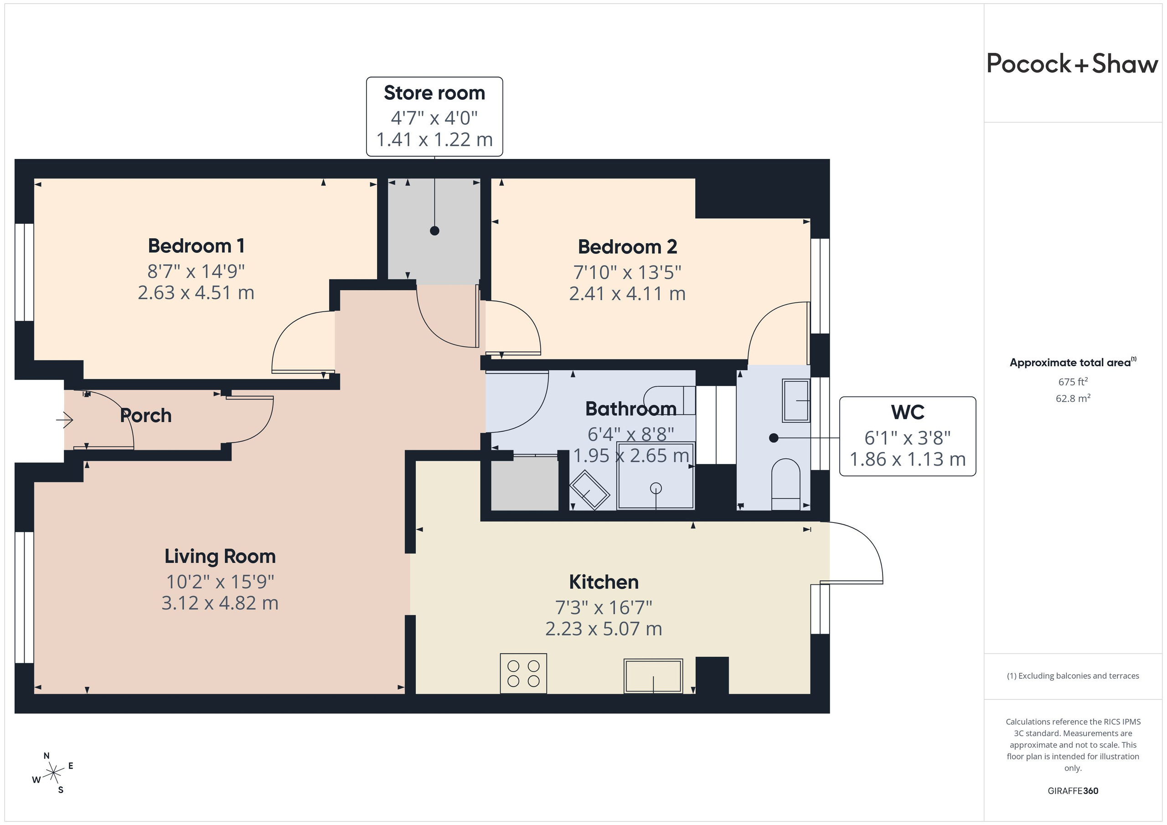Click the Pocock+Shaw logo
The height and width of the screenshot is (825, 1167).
1073,64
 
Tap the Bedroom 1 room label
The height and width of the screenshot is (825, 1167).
196,246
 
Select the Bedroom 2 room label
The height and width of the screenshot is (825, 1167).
627,247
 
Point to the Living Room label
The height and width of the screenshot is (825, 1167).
220,556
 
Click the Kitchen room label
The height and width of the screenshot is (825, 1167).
604,582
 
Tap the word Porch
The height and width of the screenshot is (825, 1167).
146,415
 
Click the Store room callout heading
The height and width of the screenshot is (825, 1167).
434,93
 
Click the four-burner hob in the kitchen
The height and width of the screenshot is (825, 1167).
523,673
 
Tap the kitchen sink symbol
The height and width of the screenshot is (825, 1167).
653,676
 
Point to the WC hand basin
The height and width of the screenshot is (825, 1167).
796,400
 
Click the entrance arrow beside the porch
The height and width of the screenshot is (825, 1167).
65,420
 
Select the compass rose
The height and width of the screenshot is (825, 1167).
53,774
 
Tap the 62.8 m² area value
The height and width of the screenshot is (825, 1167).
1073,399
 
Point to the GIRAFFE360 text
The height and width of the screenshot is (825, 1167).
1073,791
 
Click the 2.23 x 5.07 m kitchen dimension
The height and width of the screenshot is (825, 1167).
604,629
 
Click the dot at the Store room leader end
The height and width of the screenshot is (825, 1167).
434,231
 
